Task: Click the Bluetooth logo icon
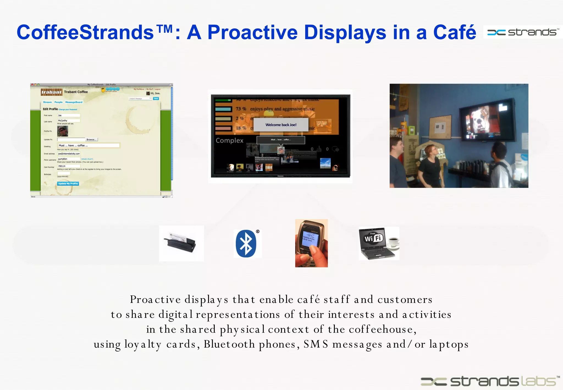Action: click(x=246, y=244)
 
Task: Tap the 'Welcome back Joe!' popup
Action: click(x=281, y=125)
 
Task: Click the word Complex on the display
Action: click(x=230, y=141)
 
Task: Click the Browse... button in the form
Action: click(x=91, y=140)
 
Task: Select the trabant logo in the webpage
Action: click(x=51, y=92)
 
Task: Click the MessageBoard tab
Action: click(x=74, y=102)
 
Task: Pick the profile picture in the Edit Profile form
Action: click(x=62, y=131)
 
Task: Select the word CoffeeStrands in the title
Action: click(x=85, y=32)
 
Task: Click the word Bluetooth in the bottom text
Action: click(x=229, y=344)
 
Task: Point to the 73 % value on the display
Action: click(x=241, y=109)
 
